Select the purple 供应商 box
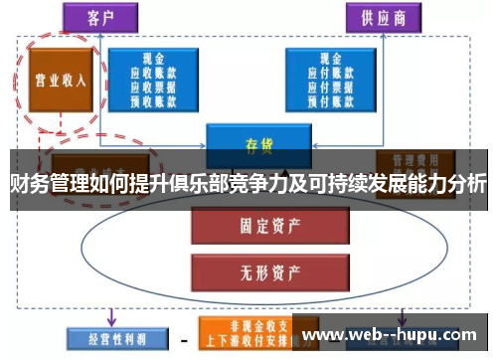click(382, 17)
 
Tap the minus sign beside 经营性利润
click(181, 339)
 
